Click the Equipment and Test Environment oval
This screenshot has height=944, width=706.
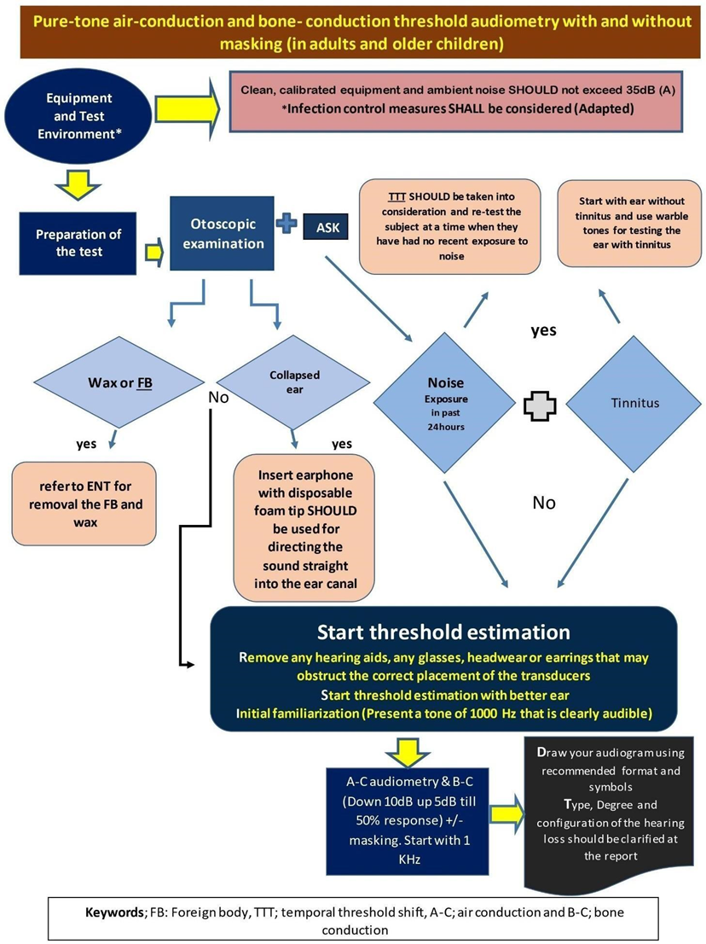[x=78, y=116]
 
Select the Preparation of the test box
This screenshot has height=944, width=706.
[x=78, y=243]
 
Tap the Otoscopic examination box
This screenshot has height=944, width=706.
[x=222, y=234]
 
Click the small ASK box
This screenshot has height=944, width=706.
[x=326, y=227]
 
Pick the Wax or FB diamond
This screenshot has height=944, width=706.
[x=119, y=382]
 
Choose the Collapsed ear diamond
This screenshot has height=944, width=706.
[x=293, y=382]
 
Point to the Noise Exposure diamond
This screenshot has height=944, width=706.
[x=445, y=403]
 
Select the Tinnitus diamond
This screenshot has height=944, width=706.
[x=634, y=404]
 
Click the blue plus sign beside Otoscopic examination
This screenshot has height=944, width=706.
[x=286, y=223]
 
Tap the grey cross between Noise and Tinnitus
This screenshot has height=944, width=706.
[x=540, y=406]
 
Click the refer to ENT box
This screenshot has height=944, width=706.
[x=84, y=504]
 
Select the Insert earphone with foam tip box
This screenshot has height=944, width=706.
[x=304, y=528]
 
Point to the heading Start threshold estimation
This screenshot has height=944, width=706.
[x=443, y=632]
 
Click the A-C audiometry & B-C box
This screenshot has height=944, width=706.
[x=408, y=821]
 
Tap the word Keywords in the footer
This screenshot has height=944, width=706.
[x=114, y=912]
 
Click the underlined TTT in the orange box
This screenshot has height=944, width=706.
[x=396, y=197]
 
